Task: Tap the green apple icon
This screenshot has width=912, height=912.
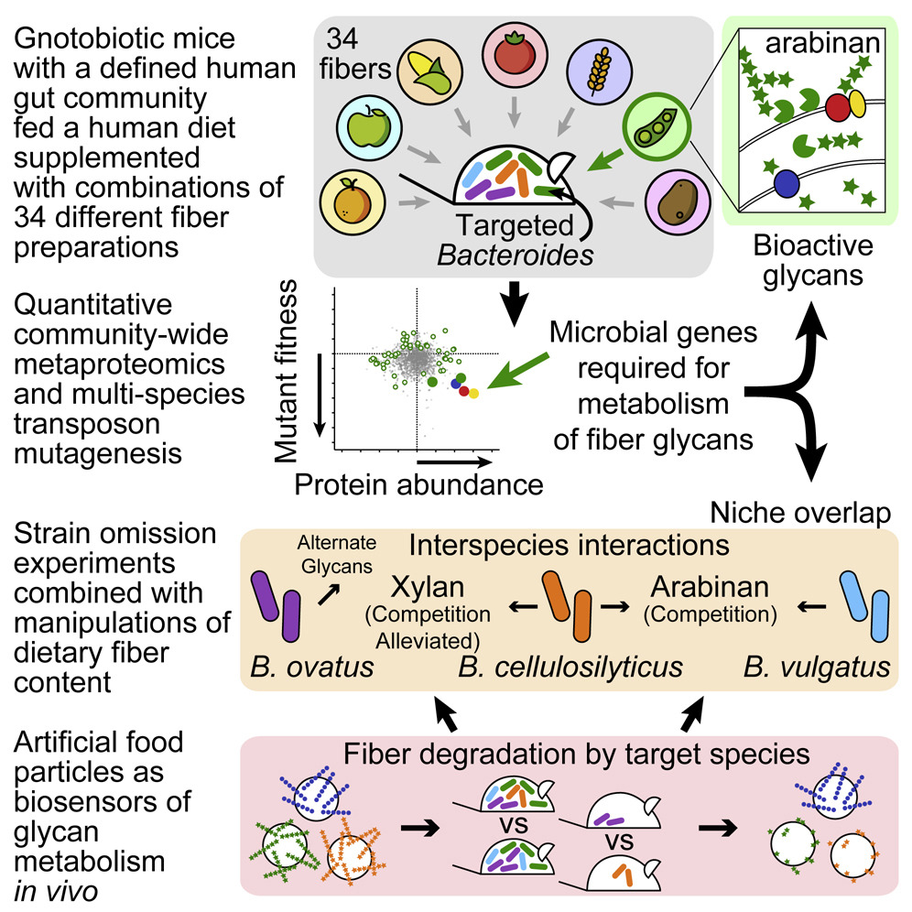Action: pos(369,128)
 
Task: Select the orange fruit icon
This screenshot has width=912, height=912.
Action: pos(353,201)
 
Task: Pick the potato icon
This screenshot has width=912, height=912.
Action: pos(678,201)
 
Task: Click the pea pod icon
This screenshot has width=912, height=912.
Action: pos(657,126)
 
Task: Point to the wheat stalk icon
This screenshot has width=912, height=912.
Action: pos(599,71)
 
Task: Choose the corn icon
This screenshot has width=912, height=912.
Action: pos(429,72)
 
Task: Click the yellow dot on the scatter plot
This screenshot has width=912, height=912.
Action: pos(473,394)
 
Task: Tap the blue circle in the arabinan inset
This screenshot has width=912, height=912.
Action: pos(787,183)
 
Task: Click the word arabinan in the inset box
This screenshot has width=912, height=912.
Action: pos(822,43)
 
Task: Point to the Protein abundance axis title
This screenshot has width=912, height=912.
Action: pos(418,484)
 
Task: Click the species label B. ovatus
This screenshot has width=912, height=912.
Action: pos(311,668)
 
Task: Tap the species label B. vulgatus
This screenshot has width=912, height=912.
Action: pos(817,668)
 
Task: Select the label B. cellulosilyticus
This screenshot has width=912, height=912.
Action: pos(570,668)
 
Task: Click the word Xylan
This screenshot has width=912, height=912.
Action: pos(428,587)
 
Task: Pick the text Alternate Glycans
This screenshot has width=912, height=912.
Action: pos(337,555)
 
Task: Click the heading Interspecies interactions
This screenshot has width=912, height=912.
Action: pos(569,546)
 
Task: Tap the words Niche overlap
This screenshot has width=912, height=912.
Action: pos(800,514)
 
